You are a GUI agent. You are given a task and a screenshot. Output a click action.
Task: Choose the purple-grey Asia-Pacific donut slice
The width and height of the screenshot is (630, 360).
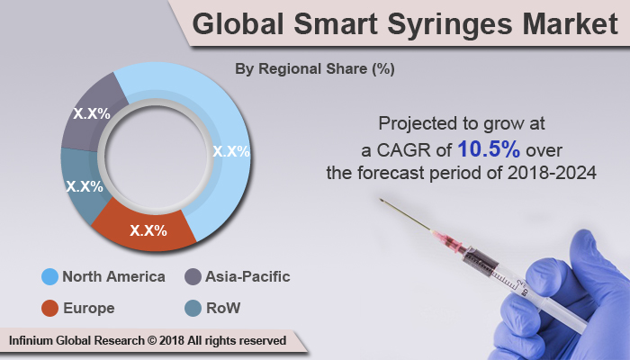tap(90, 112)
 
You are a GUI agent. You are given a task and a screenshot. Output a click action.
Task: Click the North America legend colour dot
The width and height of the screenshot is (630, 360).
tap(49, 276)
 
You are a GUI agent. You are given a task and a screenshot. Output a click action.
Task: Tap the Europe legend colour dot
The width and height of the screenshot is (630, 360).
tap(49, 309)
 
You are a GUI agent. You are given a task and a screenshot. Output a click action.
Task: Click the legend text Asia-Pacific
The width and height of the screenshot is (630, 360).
tap(249, 276)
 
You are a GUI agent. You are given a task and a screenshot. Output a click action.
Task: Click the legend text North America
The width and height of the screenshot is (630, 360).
tap(113, 276)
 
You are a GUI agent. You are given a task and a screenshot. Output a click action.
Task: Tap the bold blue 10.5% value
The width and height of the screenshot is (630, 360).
tap(488, 148)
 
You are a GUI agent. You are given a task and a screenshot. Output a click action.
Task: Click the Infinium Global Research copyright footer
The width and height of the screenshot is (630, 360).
tap(148, 341)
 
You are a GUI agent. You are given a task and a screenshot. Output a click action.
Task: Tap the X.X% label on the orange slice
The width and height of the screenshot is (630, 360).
tap(148, 230)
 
